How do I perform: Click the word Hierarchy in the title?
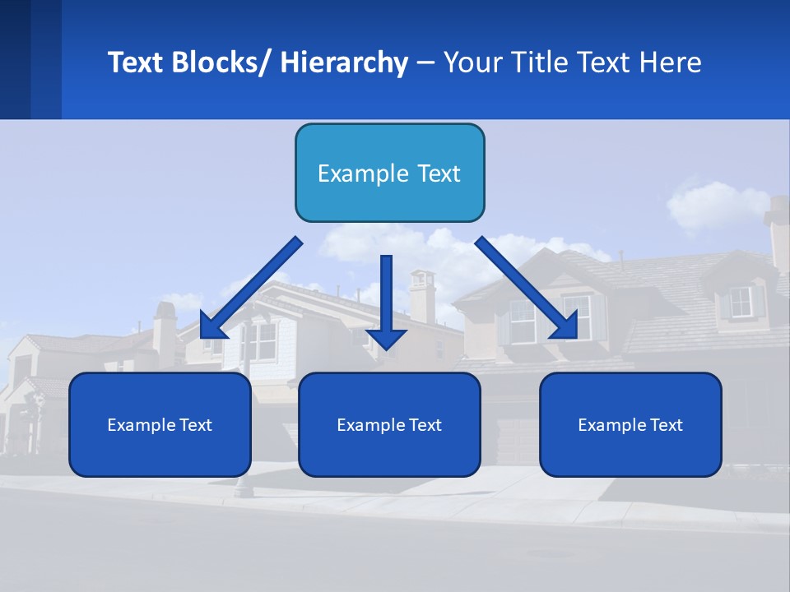coord(344,62)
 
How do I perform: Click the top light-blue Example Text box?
coord(389,173)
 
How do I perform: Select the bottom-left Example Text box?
coord(160,424)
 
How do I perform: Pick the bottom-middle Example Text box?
coord(389,424)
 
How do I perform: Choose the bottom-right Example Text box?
coord(630,424)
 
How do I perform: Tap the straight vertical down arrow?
coord(386,296)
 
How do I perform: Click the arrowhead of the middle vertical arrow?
coord(386,338)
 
